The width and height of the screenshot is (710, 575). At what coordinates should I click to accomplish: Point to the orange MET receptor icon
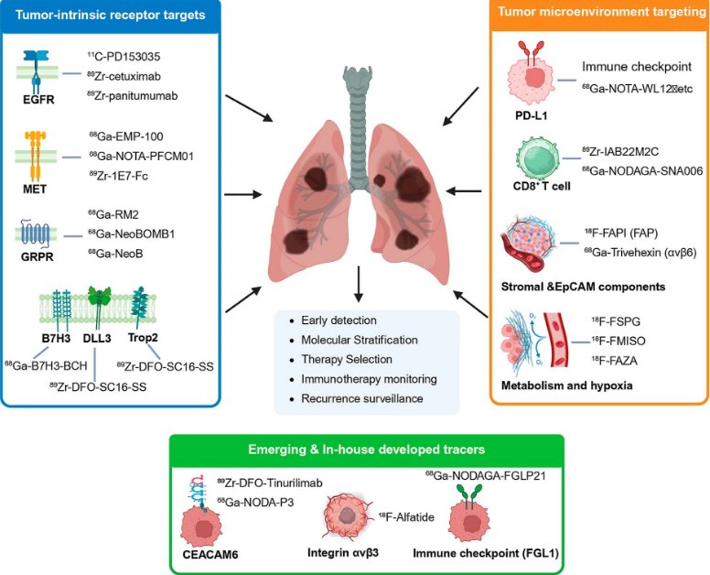pyautogui.click(x=35, y=151)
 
